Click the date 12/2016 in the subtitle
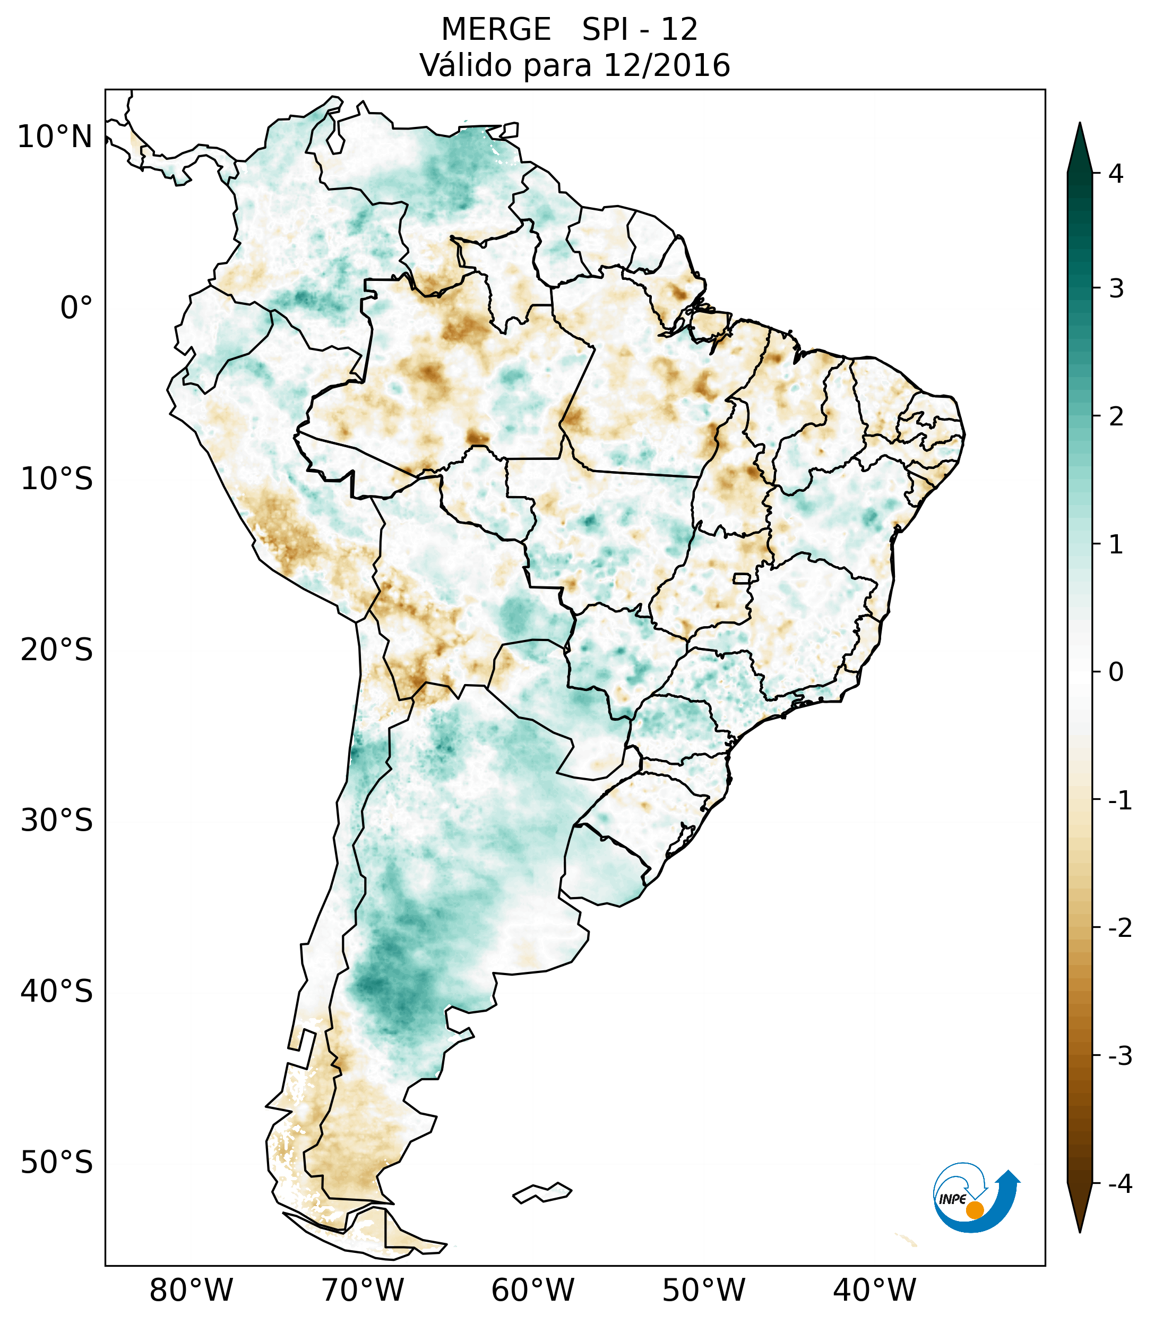click(x=666, y=65)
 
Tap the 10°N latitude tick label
click(x=54, y=137)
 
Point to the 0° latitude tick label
click(x=76, y=308)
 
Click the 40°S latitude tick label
click(x=57, y=991)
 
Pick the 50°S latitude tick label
click(x=57, y=1163)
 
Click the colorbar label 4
click(x=1116, y=174)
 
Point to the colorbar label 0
click(x=1116, y=672)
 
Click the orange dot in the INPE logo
click(x=974, y=1210)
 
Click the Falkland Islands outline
click(x=542, y=1192)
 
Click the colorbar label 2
click(x=1116, y=417)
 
